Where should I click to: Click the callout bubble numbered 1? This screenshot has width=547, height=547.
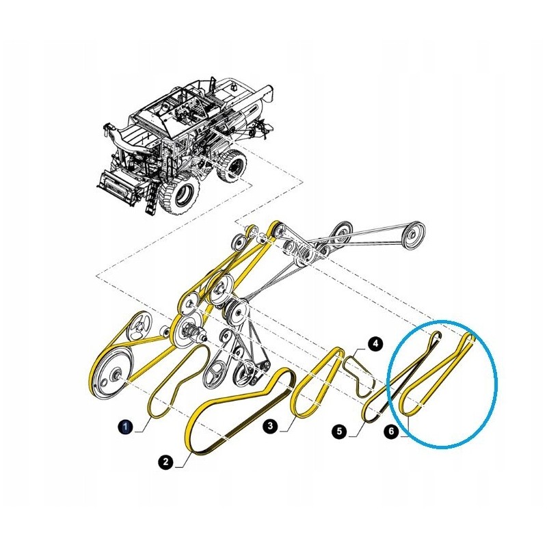(x=125, y=427)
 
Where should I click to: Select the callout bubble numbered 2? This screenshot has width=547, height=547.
(x=165, y=463)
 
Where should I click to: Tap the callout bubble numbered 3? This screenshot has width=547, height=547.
(x=271, y=426)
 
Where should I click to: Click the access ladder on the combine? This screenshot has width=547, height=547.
(x=151, y=196)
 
